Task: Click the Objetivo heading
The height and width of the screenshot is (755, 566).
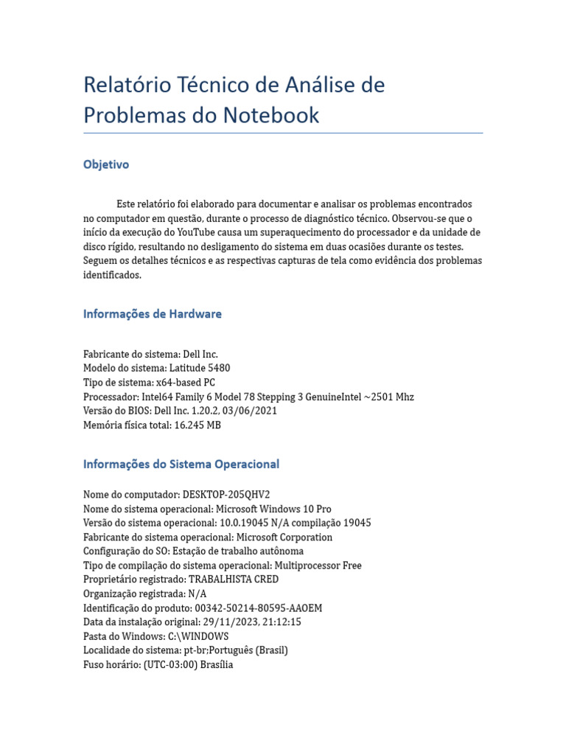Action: click(106, 164)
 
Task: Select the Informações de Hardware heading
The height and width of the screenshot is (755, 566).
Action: click(153, 314)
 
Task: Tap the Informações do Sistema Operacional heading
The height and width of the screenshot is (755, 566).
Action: click(181, 465)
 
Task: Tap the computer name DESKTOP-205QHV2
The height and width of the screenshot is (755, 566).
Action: click(221, 494)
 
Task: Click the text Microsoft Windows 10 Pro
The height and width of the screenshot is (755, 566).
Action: click(273, 509)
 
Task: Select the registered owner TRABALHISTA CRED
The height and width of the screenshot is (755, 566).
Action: click(234, 580)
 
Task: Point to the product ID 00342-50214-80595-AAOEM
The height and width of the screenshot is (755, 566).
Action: click(258, 608)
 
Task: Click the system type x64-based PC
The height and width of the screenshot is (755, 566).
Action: click(185, 383)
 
